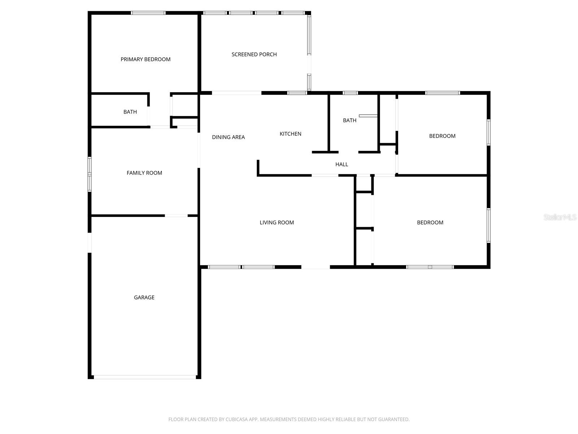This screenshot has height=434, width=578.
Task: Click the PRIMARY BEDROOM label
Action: [x=146, y=59]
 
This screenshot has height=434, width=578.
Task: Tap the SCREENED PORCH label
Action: [x=254, y=54]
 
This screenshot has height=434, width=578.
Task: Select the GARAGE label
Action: [x=144, y=297]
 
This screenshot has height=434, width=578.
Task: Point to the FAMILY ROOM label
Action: [x=144, y=173]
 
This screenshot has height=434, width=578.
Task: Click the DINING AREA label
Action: [x=228, y=137]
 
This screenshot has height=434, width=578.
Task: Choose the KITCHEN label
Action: [x=290, y=134]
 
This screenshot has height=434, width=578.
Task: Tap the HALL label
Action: [x=341, y=164]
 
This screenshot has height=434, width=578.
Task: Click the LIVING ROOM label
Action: [x=277, y=222]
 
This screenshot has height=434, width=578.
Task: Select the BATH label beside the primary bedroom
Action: [x=130, y=112]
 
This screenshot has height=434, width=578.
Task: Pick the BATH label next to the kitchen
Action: [x=349, y=120]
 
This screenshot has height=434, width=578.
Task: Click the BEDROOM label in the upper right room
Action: [x=442, y=136]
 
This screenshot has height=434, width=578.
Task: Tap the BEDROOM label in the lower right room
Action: [x=430, y=222]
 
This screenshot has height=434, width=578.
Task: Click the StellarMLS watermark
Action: [x=560, y=217]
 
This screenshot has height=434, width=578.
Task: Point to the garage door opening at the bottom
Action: [x=144, y=377]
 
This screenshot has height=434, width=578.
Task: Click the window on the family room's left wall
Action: [x=90, y=174]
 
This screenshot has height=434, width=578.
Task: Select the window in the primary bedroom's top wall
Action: [x=148, y=13]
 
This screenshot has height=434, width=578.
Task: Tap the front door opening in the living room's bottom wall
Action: [x=315, y=267]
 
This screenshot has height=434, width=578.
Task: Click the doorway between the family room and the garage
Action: [x=176, y=216]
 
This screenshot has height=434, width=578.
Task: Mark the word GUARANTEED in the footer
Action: [x=394, y=420]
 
